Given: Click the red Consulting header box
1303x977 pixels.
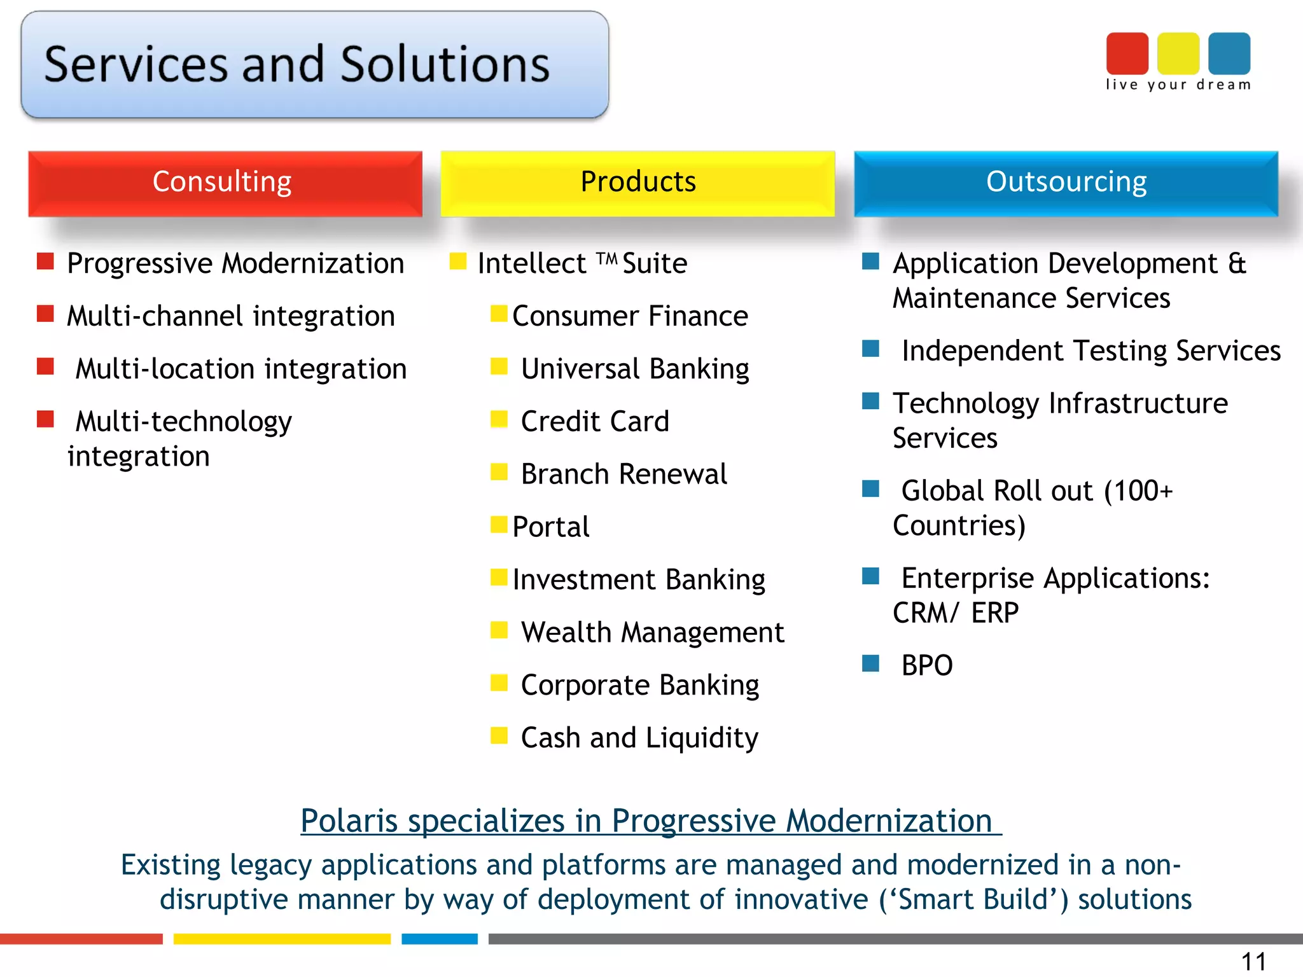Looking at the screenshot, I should click(x=225, y=183).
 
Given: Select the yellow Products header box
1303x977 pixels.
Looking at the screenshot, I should click(x=638, y=183).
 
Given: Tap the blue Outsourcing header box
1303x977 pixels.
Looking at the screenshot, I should click(x=1066, y=183).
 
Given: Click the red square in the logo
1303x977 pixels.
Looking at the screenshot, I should click(x=1127, y=53).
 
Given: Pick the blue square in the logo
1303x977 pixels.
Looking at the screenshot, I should click(x=1229, y=53).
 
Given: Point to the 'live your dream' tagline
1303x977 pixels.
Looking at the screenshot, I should click(x=1178, y=85).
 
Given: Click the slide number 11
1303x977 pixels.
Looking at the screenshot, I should click(x=1253, y=961).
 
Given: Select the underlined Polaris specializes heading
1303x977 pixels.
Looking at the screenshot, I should click(x=650, y=821).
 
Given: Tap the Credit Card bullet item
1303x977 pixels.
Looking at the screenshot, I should click(x=594, y=422).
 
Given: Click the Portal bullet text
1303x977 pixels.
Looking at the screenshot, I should click(x=551, y=527).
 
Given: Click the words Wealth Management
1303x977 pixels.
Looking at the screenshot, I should click(x=652, y=632).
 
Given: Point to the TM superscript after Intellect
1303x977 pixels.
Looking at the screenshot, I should click(x=607, y=258).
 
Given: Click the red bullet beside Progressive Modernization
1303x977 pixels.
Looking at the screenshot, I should click(x=45, y=261).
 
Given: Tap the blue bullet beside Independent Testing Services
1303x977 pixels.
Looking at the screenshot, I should click(x=870, y=349).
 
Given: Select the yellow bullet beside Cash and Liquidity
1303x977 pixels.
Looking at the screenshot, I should click(x=499, y=736).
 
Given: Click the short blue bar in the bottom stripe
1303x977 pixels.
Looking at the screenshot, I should click(x=440, y=939).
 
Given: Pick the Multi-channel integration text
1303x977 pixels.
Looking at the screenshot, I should click(x=231, y=317).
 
